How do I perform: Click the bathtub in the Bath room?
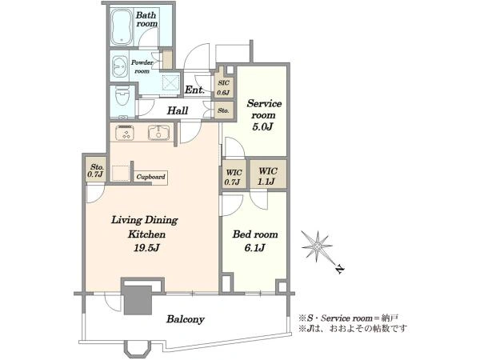coord(122,26)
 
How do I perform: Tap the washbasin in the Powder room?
coord(120,66)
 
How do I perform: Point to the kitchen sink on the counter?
coord(159,133)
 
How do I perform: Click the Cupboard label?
coord(150,177)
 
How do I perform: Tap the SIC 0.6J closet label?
coord(223,87)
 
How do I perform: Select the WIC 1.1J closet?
coord(268,174)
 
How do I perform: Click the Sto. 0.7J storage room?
coord(96,170)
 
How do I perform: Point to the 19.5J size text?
coord(146,247)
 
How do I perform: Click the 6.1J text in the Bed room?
coord(254,247)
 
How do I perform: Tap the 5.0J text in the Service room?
coord(262,126)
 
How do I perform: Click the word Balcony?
coord(186,319)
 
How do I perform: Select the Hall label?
coord(178,110)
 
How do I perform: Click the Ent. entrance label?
coord(194,90)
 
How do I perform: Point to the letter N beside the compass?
coord(339,269)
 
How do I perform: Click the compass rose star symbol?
coord(317,246)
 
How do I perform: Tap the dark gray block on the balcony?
coord(138,300)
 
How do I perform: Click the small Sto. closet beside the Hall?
coord(224,110)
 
